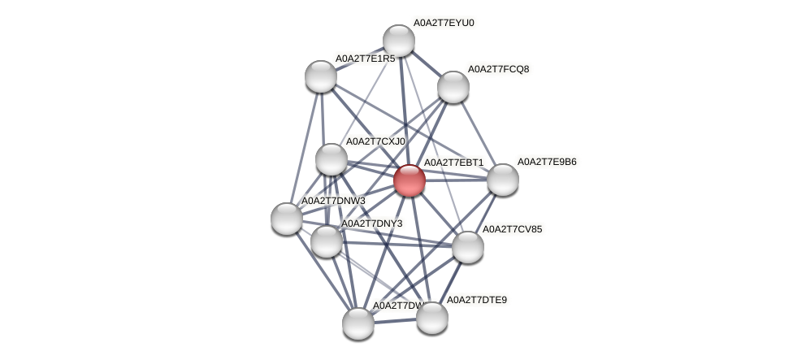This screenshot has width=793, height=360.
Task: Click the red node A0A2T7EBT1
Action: point(409,180)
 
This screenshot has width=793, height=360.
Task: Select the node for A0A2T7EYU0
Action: point(399,41)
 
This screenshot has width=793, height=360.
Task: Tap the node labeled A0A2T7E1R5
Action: point(321,76)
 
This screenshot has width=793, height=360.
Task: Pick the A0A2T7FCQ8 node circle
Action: point(453,87)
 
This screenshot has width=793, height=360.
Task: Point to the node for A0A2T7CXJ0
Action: point(331,159)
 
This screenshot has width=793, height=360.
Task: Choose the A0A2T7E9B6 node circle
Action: point(503,180)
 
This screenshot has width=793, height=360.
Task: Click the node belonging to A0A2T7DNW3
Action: point(287,218)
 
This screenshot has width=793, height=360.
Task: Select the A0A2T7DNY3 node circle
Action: point(327,241)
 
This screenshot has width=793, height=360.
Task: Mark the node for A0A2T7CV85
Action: point(468,247)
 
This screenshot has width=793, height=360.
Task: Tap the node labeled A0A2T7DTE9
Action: point(432,317)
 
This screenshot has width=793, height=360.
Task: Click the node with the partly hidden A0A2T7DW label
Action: point(358,323)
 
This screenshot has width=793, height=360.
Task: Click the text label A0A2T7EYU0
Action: point(444,23)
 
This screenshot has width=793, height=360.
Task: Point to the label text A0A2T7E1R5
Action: point(365,59)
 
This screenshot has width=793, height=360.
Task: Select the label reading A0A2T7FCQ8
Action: point(498,69)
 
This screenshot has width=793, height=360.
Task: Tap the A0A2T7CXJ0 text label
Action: point(375,141)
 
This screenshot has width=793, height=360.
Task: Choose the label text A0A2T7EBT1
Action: point(453,163)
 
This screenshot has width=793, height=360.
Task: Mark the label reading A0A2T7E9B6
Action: point(547,162)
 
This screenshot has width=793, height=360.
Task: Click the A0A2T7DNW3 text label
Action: point(333,201)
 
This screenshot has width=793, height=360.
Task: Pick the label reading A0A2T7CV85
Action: point(512,229)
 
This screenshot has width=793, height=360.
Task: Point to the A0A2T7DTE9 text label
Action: point(477,300)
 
